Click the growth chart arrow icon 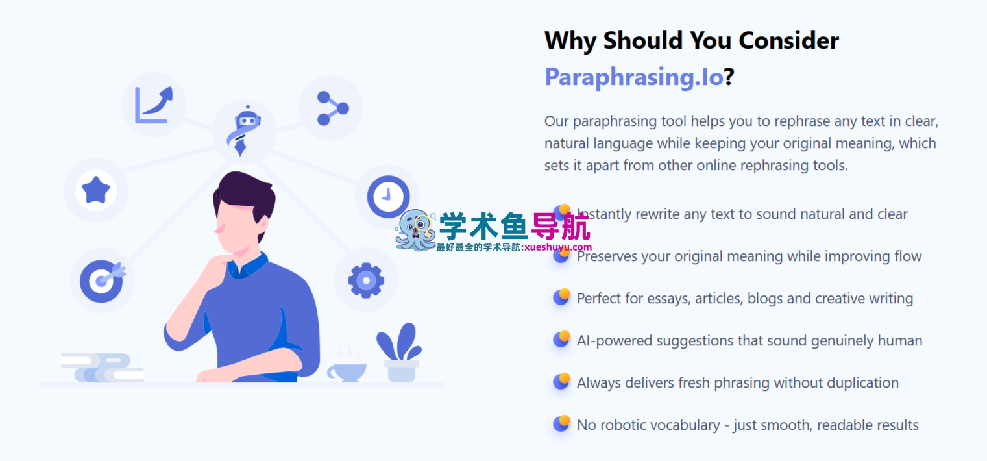pyautogui.click(x=154, y=105)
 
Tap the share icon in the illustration pyautogui.click(x=331, y=108)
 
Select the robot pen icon pyautogui.click(x=245, y=131)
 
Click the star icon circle pyautogui.click(x=96, y=190)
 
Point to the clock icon pyautogui.click(x=388, y=196)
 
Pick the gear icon pyautogui.click(x=366, y=280)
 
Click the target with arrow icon pyautogui.click(x=102, y=280)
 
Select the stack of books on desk pyautogui.click(x=103, y=368)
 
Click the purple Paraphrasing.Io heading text pyautogui.click(x=633, y=77)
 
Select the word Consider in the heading pyautogui.click(x=788, y=41)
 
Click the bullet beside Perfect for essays pyautogui.click(x=561, y=297)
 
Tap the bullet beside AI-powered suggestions pyautogui.click(x=561, y=340)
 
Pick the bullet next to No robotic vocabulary pyautogui.click(x=561, y=424)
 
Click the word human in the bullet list pyautogui.click(x=899, y=341)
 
